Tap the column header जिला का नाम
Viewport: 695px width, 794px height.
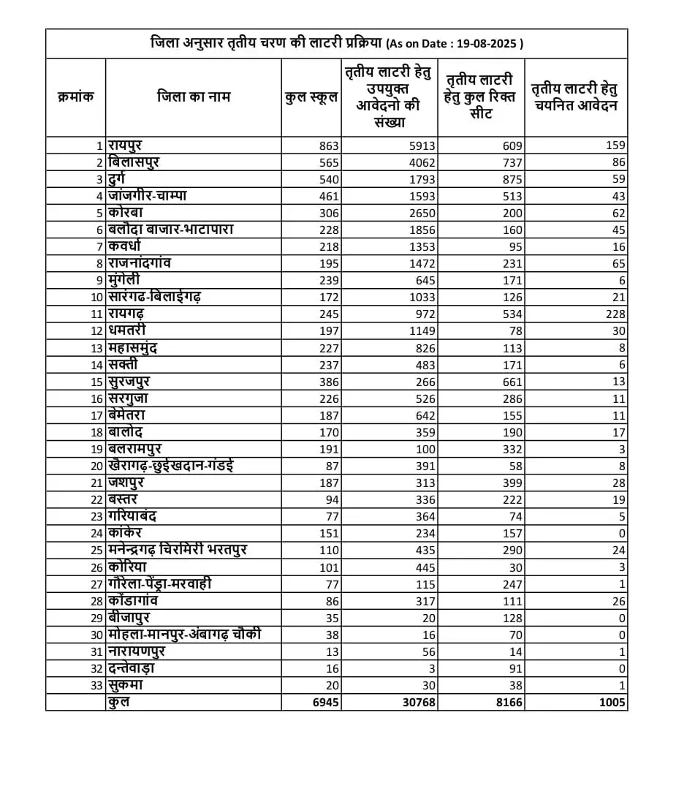(x=194, y=97)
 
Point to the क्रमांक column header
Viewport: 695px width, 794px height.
(x=76, y=97)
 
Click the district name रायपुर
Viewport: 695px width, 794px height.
(x=125, y=145)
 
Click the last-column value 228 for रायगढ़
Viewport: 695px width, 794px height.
(x=615, y=314)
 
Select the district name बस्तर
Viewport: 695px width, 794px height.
(x=123, y=499)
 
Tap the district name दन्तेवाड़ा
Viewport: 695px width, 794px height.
(x=132, y=668)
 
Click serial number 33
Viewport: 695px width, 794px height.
(x=96, y=685)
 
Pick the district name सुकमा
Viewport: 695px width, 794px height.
(x=124, y=685)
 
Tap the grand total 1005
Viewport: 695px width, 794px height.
(x=609, y=702)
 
